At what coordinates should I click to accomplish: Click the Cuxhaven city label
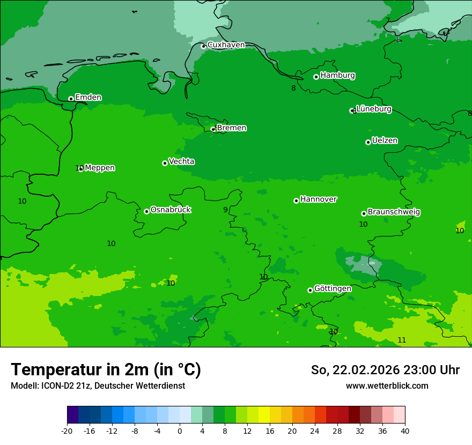click(x=226, y=44)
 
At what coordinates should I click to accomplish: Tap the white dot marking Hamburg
click(x=316, y=77)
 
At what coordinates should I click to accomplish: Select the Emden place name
click(x=88, y=97)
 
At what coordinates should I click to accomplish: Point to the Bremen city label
click(x=232, y=128)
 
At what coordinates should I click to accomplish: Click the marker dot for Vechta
click(x=165, y=163)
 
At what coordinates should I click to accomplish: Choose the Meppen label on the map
click(x=100, y=168)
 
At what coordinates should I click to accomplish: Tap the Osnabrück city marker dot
click(x=146, y=211)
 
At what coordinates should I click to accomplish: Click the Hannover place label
click(x=318, y=199)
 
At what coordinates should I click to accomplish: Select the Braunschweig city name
click(x=394, y=212)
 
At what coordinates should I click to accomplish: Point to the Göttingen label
click(x=333, y=288)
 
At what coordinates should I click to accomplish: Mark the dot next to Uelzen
click(x=368, y=142)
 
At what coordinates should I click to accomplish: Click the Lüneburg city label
click(x=373, y=109)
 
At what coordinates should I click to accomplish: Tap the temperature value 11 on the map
click(x=402, y=340)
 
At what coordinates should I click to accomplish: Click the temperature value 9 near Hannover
click(x=225, y=210)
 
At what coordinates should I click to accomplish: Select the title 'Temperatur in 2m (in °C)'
click(x=106, y=369)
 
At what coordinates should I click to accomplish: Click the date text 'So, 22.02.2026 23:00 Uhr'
click(x=385, y=370)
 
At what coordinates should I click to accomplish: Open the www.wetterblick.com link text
click(x=387, y=385)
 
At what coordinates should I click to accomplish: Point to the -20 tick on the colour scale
click(x=67, y=431)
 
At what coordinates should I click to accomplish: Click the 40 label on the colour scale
click(x=405, y=431)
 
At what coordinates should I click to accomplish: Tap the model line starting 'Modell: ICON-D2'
click(x=98, y=385)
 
